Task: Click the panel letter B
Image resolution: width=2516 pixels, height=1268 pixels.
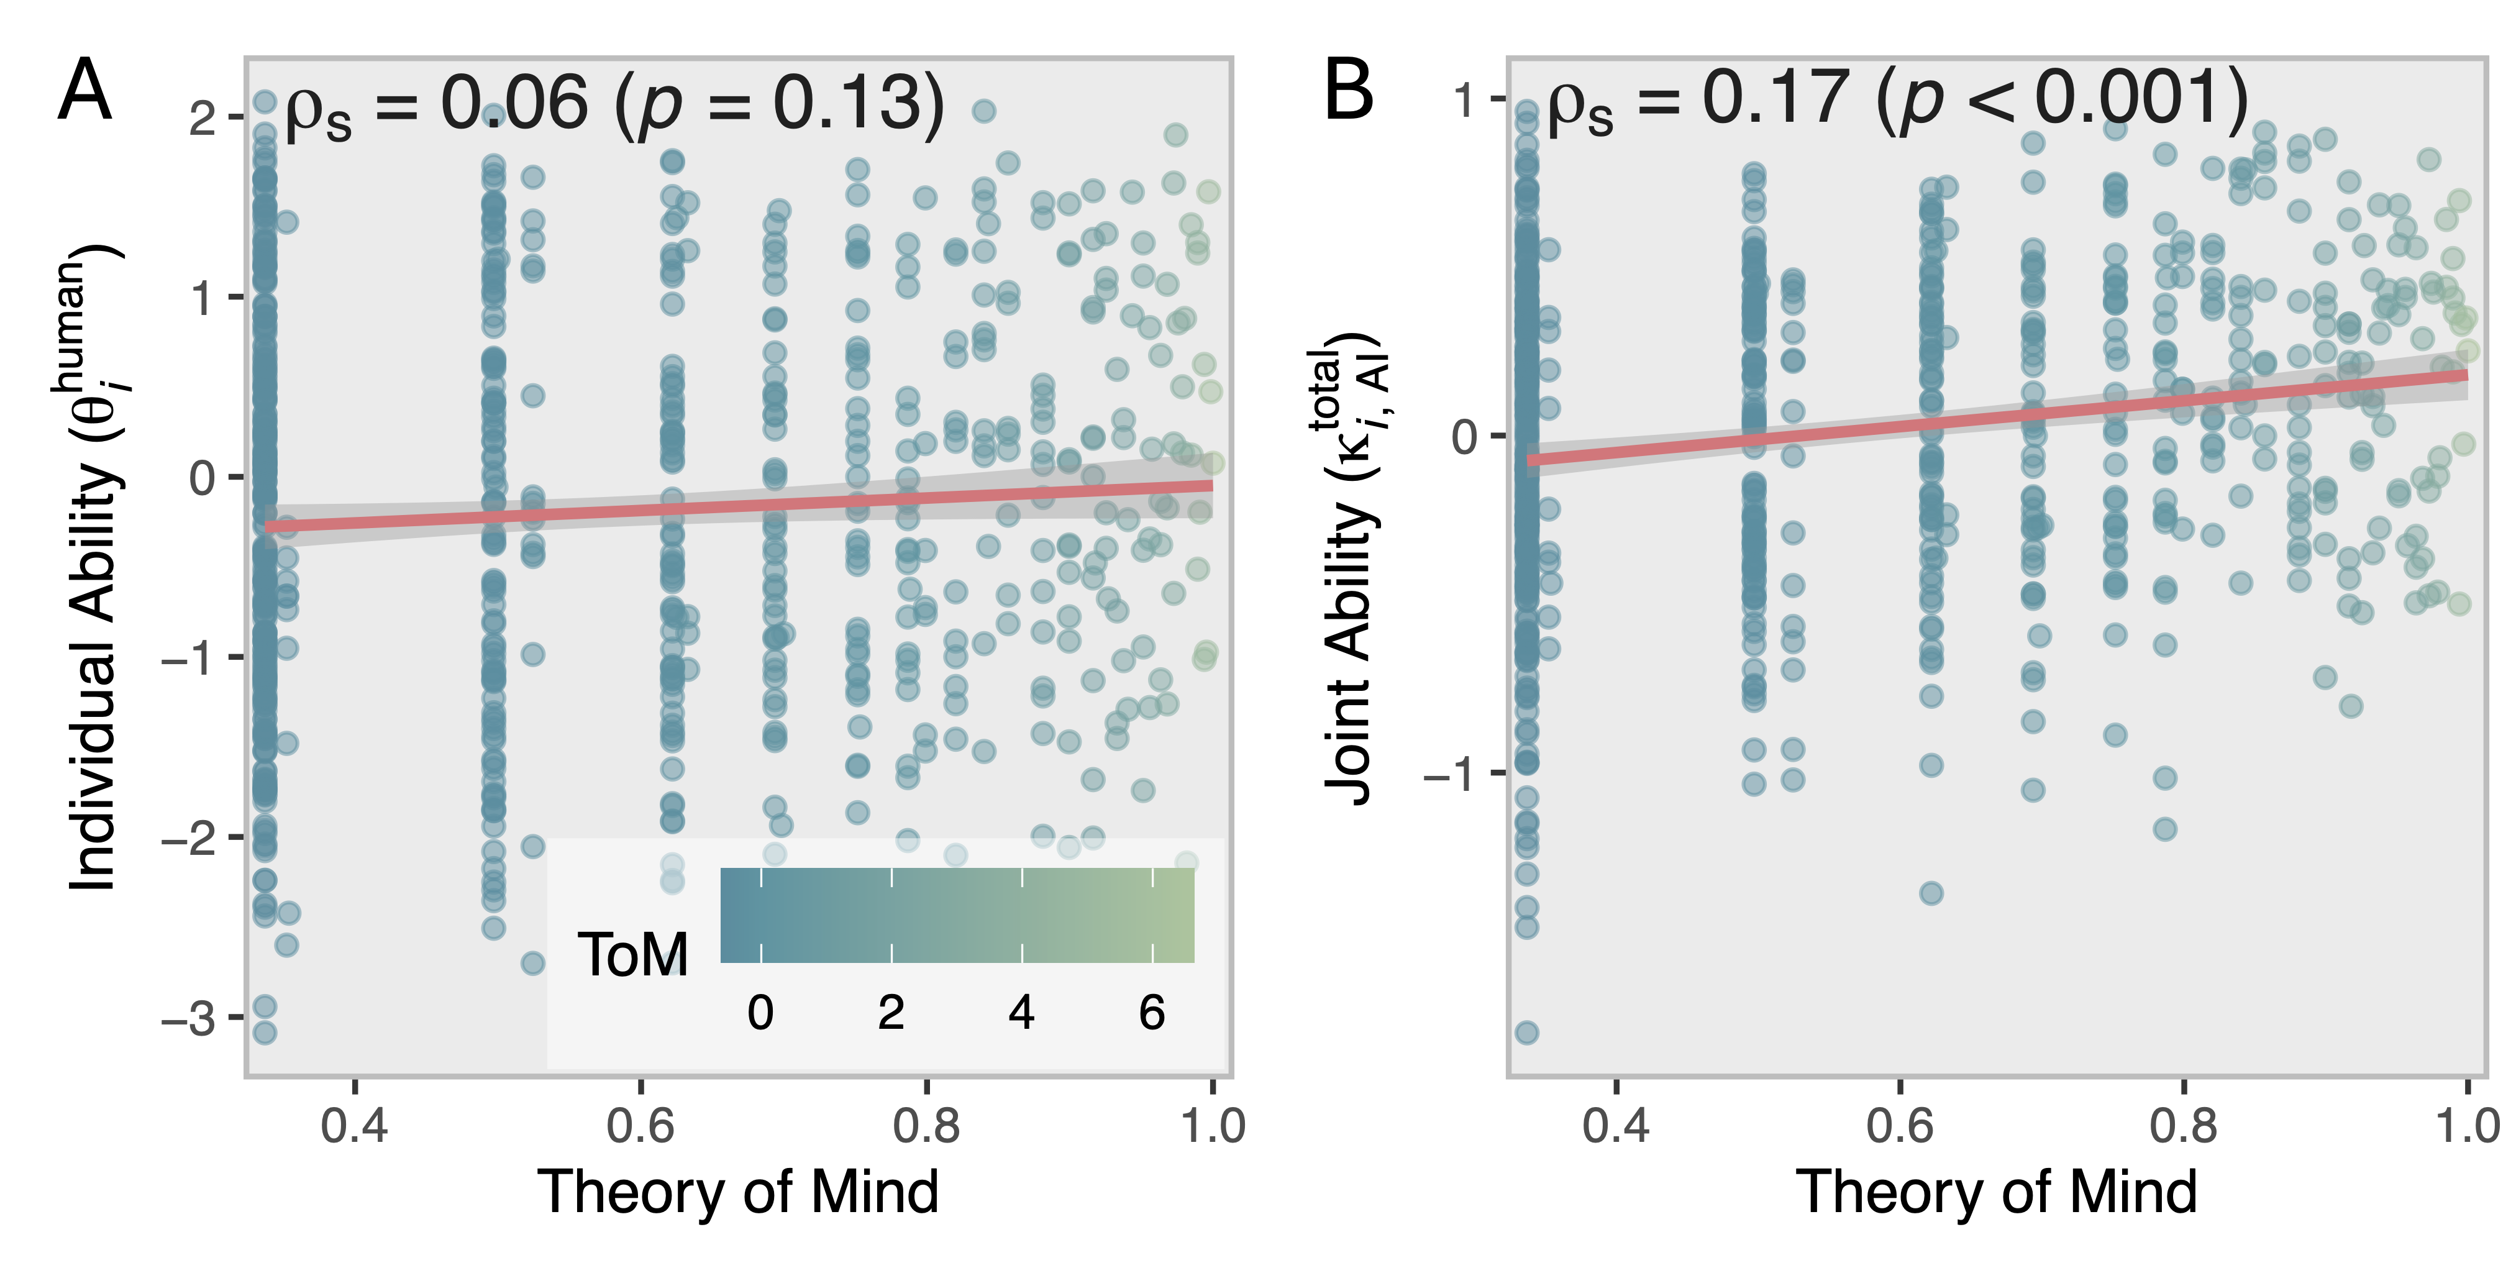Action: pyautogui.click(x=1348, y=91)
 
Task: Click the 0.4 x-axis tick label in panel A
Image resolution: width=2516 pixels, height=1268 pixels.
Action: pyautogui.click(x=355, y=1126)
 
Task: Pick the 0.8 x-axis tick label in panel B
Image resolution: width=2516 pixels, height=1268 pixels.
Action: pyautogui.click(x=2183, y=1126)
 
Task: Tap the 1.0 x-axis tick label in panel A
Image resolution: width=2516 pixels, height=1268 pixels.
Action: pyautogui.click(x=1212, y=1126)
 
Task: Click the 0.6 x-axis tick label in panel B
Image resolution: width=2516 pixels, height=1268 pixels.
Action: pyautogui.click(x=1900, y=1126)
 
